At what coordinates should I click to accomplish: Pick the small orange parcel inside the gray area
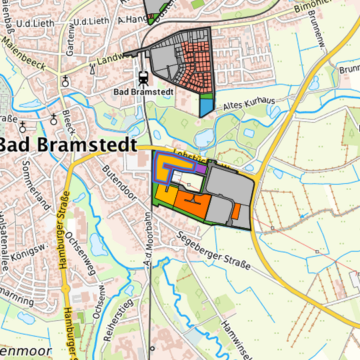point(236,211)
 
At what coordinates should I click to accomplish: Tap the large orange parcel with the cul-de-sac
point(193,206)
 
